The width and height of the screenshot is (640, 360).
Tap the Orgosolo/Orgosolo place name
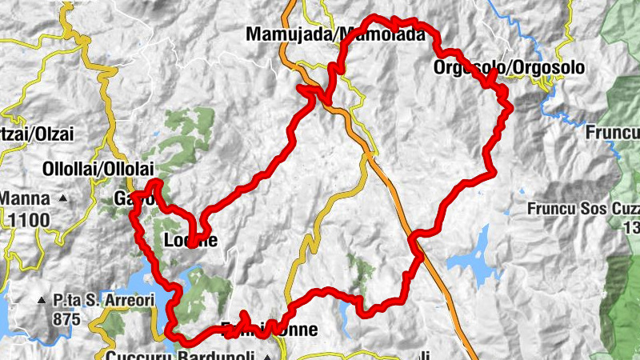click(x=509, y=68)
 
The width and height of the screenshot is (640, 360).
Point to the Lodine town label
click(x=190, y=239)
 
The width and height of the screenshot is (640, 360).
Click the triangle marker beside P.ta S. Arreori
click(x=42, y=301)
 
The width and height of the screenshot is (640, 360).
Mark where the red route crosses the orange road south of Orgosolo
click(x=414, y=238)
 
